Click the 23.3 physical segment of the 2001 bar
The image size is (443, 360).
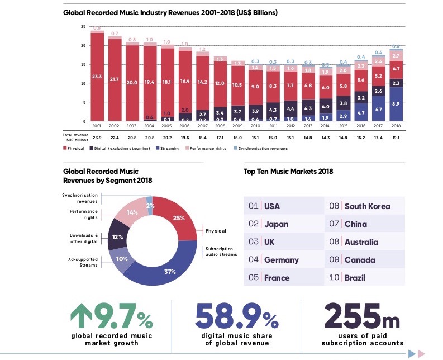coord(97,77)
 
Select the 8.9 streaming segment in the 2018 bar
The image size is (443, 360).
coord(396,104)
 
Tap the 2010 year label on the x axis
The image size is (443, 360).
coord(255,126)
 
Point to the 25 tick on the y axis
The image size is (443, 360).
coord(83,26)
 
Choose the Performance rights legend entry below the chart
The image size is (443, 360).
coord(207,148)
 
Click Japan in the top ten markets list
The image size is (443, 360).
coord(276,224)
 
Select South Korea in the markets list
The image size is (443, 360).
coord(367,206)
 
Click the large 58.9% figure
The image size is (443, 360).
coord(237,317)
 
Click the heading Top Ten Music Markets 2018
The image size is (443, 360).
coord(288,172)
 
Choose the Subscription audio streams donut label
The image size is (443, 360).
coord(222,251)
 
